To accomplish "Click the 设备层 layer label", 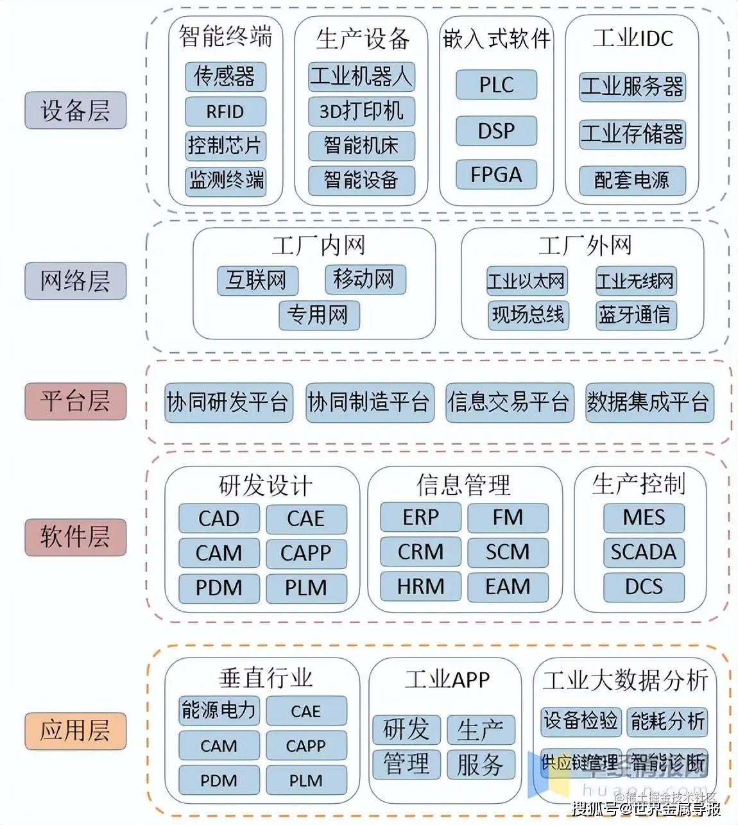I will click(x=75, y=110).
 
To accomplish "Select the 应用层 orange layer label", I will click(x=75, y=731).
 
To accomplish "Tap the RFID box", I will click(x=225, y=112).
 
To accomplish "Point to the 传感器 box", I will click(x=225, y=76).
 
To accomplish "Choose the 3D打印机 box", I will click(x=361, y=111).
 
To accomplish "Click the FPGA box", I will click(x=496, y=174).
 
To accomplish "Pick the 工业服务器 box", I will click(x=632, y=87).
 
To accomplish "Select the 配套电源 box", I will click(x=632, y=180).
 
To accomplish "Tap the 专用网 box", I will click(x=319, y=315).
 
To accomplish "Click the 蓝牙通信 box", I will click(x=635, y=315).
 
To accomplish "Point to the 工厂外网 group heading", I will click(x=585, y=245).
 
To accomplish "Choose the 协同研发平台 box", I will click(x=228, y=403).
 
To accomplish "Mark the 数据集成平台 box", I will click(x=649, y=403).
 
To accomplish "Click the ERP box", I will click(x=420, y=518).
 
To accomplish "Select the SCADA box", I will click(x=644, y=552).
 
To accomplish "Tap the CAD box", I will click(x=219, y=518).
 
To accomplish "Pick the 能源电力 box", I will click(x=219, y=710).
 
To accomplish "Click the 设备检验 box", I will click(x=581, y=720).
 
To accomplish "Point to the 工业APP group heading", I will click(x=447, y=679).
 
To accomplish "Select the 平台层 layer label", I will click(x=75, y=402).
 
